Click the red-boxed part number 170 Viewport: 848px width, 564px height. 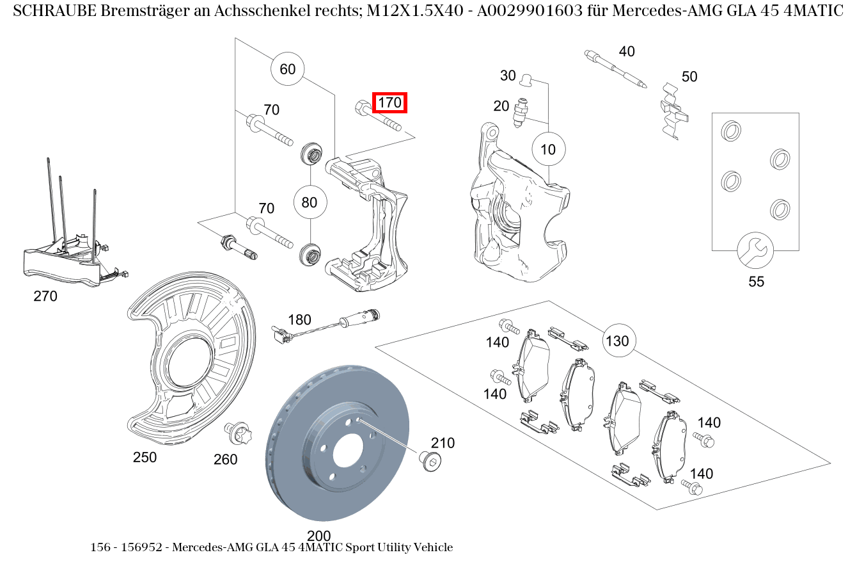pyautogui.click(x=389, y=102)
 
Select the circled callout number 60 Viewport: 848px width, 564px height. pyautogui.click(x=288, y=68)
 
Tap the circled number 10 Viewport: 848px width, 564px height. pyautogui.click(x=548, y=150)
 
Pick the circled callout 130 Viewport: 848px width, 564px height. pyautogui.click(x=617, y=341)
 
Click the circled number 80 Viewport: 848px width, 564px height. pyautogui.click(x=310, y=203)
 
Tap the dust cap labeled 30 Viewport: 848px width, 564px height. pyautogui.click(x=526, y=79)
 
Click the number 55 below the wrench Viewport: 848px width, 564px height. pyautogui.click(x=756, y=282)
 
